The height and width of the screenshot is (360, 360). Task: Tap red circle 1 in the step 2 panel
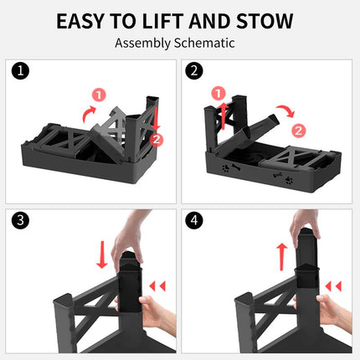[219, 92]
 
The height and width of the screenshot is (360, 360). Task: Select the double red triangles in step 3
[157, 286]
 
